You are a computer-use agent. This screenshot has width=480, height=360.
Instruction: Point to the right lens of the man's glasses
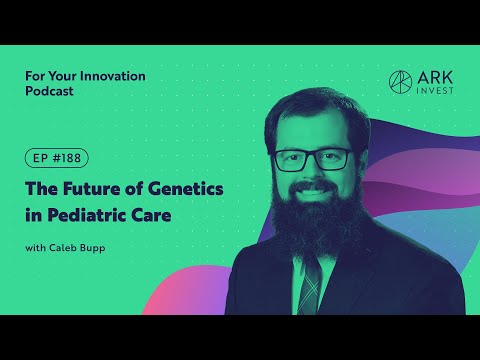pos(336,159)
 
